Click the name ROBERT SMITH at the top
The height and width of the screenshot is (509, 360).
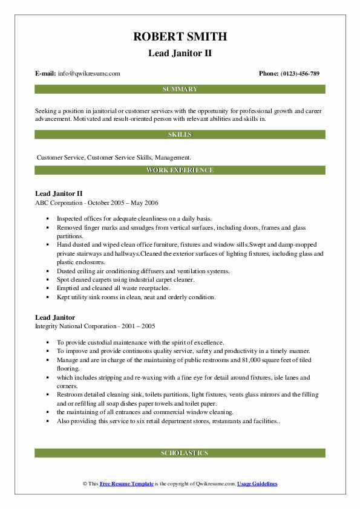(x=180, y=36)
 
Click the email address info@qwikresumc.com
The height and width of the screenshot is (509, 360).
(x=89, y=74)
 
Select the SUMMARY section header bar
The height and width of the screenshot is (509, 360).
(x=180, y=89)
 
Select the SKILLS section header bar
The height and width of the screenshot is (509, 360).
(x=180, y=135)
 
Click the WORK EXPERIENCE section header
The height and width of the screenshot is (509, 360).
(x=180, y=170)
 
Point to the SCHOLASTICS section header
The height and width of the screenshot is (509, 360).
(x=180, y=453)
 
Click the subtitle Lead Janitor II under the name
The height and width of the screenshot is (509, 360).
(x=180, y=53)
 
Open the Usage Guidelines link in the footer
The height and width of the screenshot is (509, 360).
(x=257, y=484)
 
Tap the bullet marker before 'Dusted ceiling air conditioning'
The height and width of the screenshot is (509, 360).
(x=48, y=272)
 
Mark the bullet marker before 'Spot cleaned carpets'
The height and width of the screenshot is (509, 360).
(x=48, y=280)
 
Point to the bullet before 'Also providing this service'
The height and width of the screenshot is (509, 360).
(x=48, y=421)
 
